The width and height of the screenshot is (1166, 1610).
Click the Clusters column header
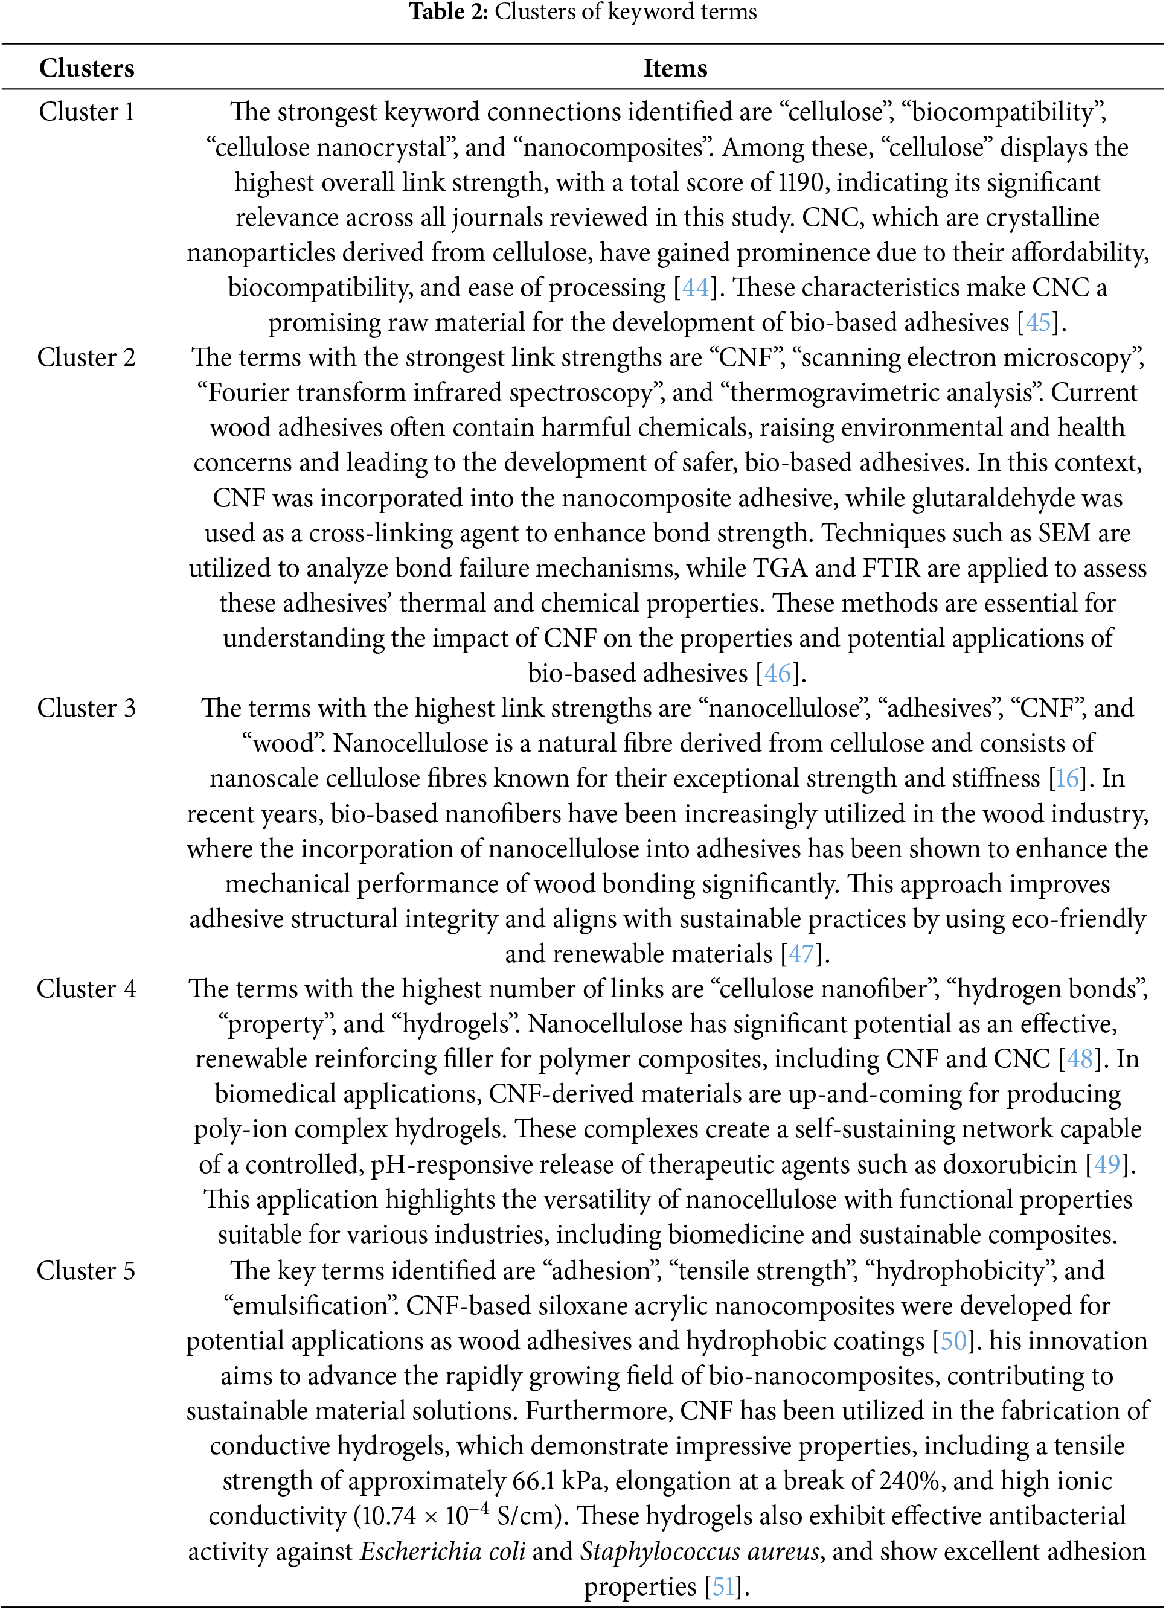(86, 68)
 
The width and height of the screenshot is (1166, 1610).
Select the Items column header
(674, 68)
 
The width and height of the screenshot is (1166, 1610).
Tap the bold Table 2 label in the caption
(448, 11)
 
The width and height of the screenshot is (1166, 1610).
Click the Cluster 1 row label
(86, 112)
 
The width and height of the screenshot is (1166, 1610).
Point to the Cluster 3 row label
(86, 708)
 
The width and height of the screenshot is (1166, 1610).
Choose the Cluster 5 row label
(86, 1271)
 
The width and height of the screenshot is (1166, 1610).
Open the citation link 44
(696, 287)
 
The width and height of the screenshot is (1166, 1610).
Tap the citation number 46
(778, 673)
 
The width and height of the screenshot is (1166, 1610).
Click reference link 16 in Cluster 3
(1066, 779)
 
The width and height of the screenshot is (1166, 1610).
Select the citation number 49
(1107, 1165)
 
